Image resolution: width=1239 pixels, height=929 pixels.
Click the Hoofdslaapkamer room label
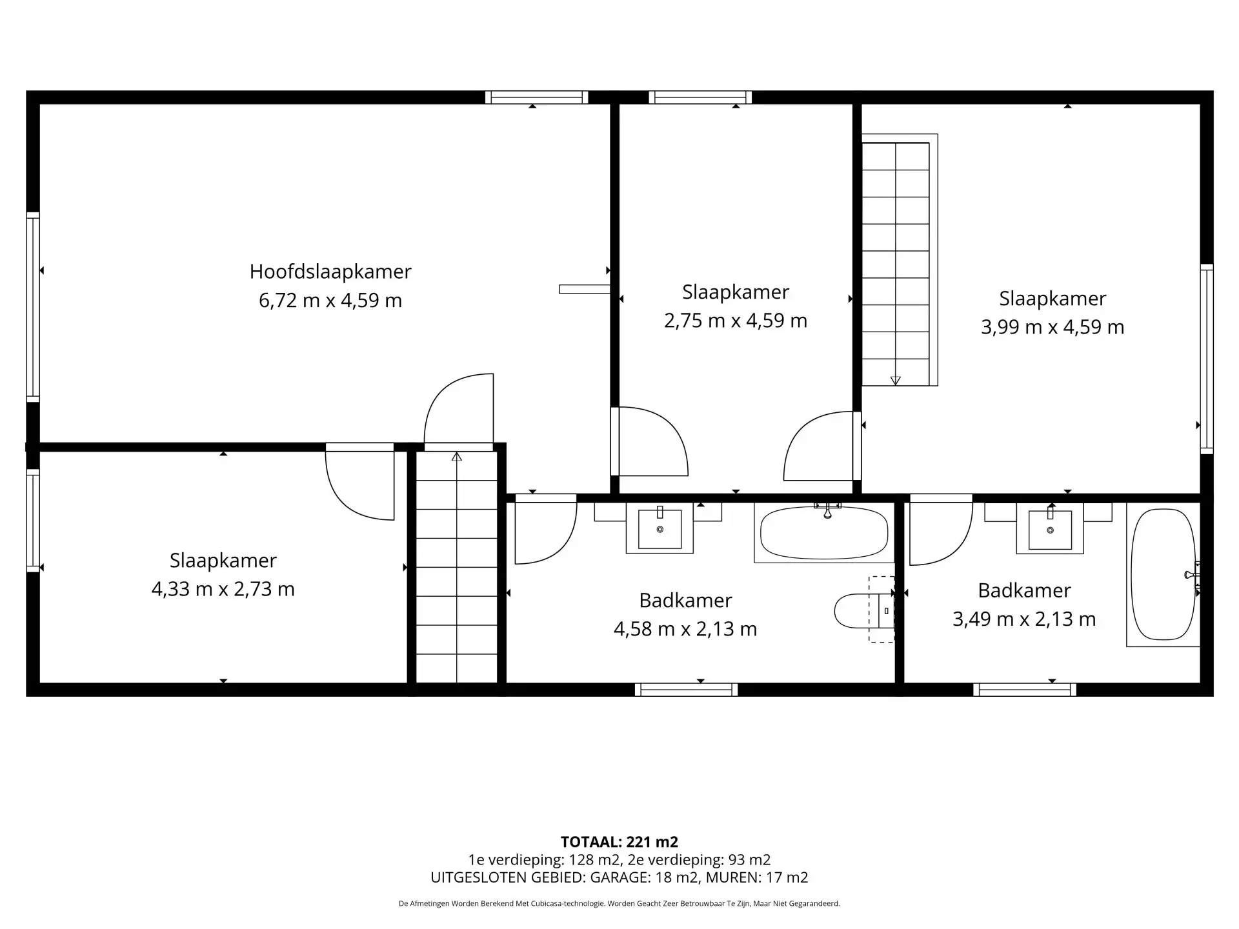(330, 272)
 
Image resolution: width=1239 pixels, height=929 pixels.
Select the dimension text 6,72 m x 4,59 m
(330, 301)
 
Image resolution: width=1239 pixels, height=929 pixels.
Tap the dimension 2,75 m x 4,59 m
(736, 321)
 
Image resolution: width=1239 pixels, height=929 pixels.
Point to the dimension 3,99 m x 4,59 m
(1053, 327)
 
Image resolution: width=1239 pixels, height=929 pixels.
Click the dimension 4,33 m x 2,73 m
(223, 589)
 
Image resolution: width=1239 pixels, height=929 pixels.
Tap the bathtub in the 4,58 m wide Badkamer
(824, 533)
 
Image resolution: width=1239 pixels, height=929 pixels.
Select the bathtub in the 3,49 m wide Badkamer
(1163, 574)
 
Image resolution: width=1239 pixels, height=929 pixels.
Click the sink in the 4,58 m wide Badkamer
(660, 528)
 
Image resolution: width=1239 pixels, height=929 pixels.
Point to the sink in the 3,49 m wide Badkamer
(1050, 528)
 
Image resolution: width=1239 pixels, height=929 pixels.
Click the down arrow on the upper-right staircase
(895, 381)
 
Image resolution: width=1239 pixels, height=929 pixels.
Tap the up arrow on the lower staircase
(457, 457)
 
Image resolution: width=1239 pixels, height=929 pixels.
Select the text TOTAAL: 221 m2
(619, 842)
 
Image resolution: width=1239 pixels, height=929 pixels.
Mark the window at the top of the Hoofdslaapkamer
(537, 97)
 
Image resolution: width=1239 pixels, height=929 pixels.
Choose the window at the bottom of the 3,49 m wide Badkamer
(1025, 690)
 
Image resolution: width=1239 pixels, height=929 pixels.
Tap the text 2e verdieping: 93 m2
(699, 860)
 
